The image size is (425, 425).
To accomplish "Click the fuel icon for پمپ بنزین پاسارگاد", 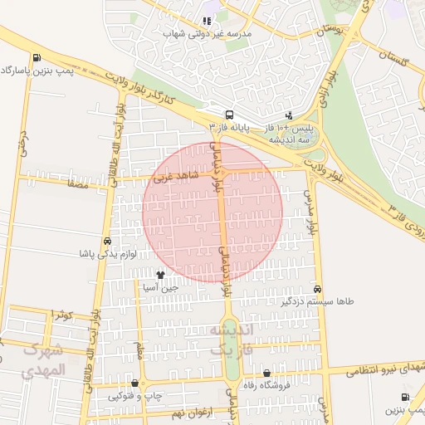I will tap(37, 57).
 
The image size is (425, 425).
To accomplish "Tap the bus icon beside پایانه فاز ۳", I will tap(229, 115).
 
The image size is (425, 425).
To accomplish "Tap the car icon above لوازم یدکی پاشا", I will tap(107, 242).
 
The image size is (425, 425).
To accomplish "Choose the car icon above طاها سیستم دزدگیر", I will tap(318, 289).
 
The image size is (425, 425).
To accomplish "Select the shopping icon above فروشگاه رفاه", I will tap(266, 374).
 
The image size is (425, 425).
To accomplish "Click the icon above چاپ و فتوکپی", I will tap(134, 383).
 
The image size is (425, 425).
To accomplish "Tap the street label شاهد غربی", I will tap(172, 177).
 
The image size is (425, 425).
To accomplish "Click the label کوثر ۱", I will tap(62, 315).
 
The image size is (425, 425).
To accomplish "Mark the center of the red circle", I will tap(213, 212).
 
